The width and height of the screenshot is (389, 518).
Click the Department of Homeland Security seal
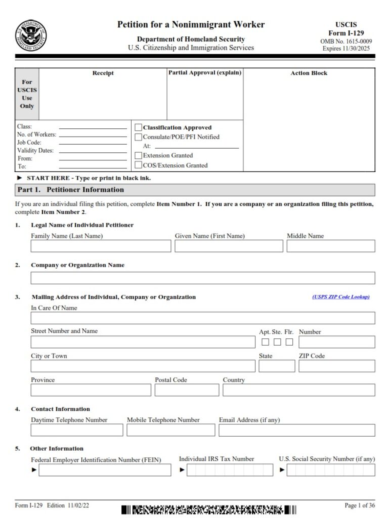(x=31, y=35)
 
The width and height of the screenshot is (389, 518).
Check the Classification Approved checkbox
(x=139, y=127)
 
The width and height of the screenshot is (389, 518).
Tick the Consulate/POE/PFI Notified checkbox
(x=139, y=137)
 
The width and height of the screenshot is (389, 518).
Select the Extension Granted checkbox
(x=139, y=155)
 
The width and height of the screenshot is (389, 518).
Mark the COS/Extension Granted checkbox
(x=139, y=165)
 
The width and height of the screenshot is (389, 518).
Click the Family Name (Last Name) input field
(x=101, y=246)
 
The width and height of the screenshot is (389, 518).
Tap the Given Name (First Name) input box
(x=229, y=246)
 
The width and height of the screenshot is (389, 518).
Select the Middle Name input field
(x=331, y=246)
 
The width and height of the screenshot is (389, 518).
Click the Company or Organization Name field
(x=203, y=278)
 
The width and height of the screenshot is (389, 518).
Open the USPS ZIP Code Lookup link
(x=340, y=297)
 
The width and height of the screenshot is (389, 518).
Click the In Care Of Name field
(x=203, y=318)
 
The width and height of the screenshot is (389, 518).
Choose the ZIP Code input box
(x=336, y=366)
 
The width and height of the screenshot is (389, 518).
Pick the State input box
(x=277, y=366)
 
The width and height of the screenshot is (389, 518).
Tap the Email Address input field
(x=297, y=430)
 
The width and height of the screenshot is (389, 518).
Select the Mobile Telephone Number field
(x=170, y=430)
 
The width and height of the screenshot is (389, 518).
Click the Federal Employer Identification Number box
(x=105, y=470)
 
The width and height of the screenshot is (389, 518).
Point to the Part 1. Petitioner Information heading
(x=70, y=190)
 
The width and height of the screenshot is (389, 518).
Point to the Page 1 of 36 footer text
(x=360, y=505)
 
